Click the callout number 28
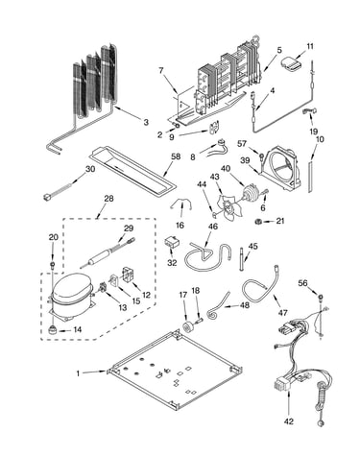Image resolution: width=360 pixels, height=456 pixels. [108, 199]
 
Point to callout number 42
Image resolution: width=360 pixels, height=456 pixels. [289, 421]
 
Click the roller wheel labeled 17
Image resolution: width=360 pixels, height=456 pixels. [187, 327]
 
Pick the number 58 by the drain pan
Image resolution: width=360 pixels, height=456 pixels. [176, 156]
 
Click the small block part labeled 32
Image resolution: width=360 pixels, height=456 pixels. [172, 242]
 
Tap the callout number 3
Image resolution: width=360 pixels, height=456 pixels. [146, 122]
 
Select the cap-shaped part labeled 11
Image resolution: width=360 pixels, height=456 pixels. [292, 62]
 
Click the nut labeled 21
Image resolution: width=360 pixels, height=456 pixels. [257, 221]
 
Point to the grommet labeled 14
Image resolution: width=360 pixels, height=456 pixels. [52, 329]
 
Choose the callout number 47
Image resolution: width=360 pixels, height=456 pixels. [282, 313]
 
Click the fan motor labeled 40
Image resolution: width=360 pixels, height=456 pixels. [250, 193]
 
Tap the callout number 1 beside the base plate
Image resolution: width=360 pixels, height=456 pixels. [78, 373]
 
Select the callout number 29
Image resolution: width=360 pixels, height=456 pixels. [129, 228]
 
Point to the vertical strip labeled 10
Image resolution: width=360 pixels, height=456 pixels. [310, 177]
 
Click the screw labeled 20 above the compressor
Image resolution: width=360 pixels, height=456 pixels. [53, 264]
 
